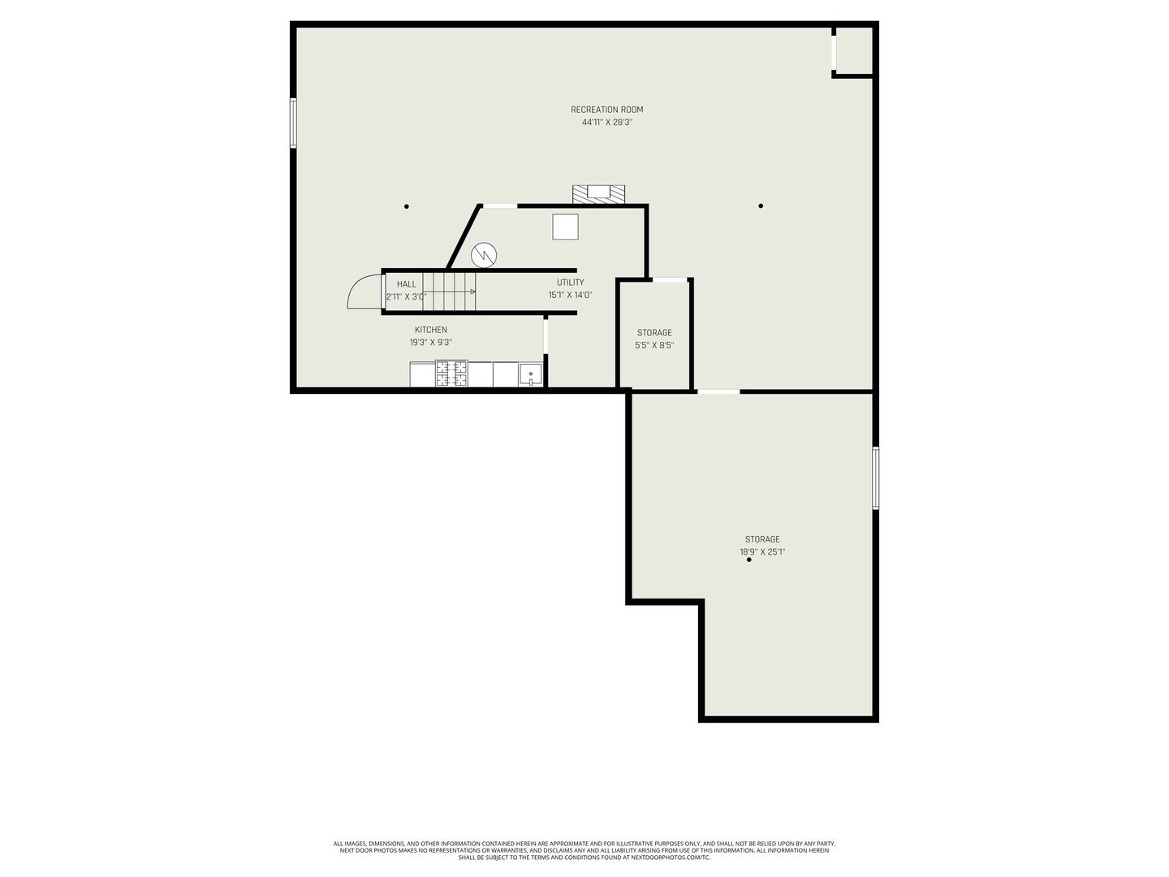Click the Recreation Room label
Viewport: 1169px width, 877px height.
[606, 110]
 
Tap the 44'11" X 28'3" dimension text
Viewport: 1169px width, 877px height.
[606, 123]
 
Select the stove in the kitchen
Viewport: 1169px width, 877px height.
[451, 374]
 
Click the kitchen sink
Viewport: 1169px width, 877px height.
[530, 375]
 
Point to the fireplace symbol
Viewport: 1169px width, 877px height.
[599, 194]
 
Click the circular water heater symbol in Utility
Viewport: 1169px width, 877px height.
[484, 255]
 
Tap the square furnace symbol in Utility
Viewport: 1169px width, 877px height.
[565, 227]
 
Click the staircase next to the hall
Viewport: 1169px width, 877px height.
[449, 292]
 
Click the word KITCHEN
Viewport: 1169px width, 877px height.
[430, 330]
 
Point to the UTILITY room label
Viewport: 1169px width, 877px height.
[570, 283]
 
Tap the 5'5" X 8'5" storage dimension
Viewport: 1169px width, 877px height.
[654, 345]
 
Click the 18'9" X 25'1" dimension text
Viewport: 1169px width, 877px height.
[761, 552]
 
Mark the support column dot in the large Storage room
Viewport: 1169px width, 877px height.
[748, 560]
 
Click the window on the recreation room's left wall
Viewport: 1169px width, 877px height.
[293, 123]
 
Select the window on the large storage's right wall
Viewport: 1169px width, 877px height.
[875, 477]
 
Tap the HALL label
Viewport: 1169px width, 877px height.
[407, 284]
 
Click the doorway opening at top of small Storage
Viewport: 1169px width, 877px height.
[670, 280]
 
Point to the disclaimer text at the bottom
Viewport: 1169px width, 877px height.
[584, 850]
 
